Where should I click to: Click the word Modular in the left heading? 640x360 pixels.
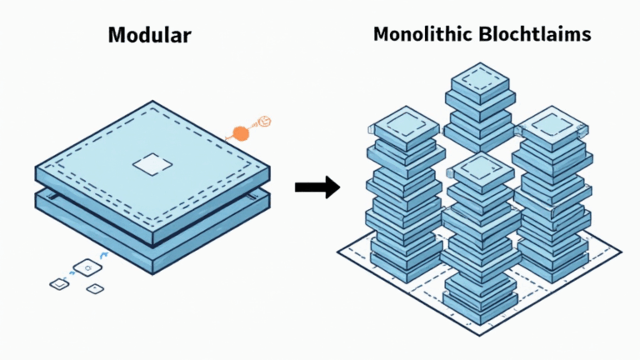(x=150, y=36)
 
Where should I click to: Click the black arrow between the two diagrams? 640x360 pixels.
(x=317, y=187)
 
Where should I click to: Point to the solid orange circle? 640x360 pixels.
(x=241, y=132)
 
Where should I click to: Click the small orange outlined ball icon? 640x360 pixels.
(x=263, y=122)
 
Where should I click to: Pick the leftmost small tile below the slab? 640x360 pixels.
(x=58, y=284)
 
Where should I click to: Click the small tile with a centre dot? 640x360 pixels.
(x=95, y=288)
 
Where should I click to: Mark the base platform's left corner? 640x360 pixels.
(x=337, y=251)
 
